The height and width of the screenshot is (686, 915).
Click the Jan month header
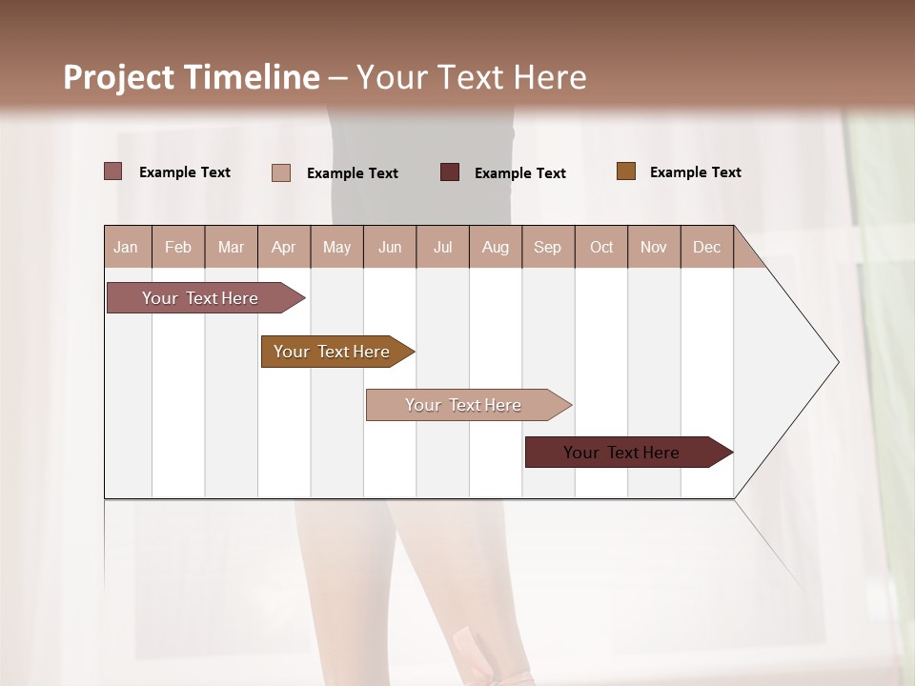click(126, 247)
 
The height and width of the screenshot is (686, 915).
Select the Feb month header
click(178, 247)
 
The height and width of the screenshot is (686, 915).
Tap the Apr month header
click(283, 247)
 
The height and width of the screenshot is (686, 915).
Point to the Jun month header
click(390, 247)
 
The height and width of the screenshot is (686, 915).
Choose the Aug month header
click(495, 247)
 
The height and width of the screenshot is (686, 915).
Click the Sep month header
click(547, 247)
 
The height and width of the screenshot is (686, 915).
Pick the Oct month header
click(601, 247)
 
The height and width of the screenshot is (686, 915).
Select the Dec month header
click(706, 247)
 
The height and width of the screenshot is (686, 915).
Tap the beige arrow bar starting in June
click(464, 405)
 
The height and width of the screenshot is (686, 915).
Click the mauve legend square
click(112, 171)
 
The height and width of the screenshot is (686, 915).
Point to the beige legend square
click(281, 172)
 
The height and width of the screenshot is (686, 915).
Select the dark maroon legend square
click(450, 171)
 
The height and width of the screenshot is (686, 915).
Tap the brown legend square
click(626, 171)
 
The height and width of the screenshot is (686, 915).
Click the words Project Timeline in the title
click(191, 77)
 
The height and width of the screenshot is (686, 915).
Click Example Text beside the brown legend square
click(695, 172)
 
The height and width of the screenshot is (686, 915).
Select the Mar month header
click(231, 247)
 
